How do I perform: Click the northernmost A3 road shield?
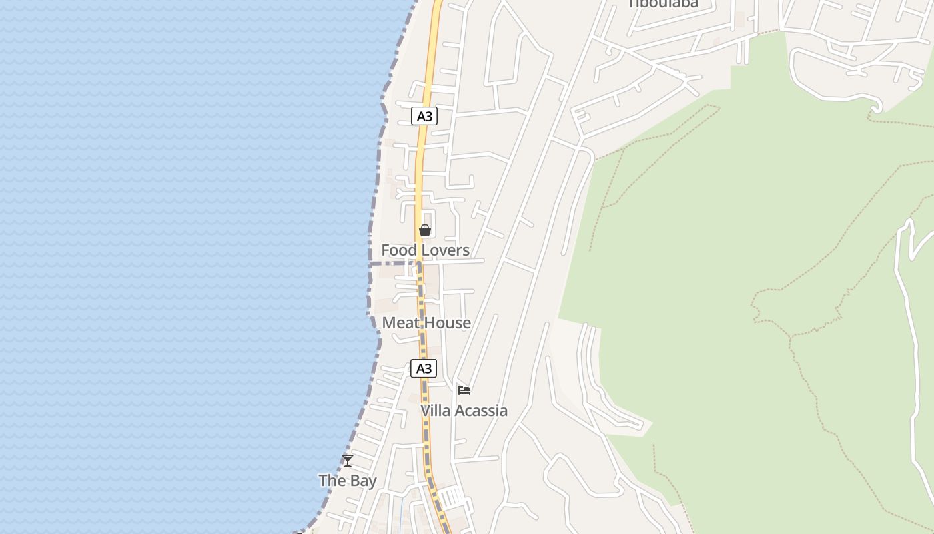click(x=424, y=117)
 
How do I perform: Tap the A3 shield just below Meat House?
click(x=424, y=368)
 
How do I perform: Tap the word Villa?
click(x=434, y=411)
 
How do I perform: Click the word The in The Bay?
click(x=332, y=481)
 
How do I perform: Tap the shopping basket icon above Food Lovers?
click(x=425, y=231)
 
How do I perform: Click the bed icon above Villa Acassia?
click(x=464, y=390)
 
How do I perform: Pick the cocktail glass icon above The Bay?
click(x=348, y=460)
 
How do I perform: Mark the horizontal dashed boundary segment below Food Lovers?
click(x=394, y=264)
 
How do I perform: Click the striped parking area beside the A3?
click(x=452, y=497)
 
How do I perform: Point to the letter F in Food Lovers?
click(x=386, y=250)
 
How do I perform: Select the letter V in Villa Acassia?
click(x=426, y=411)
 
